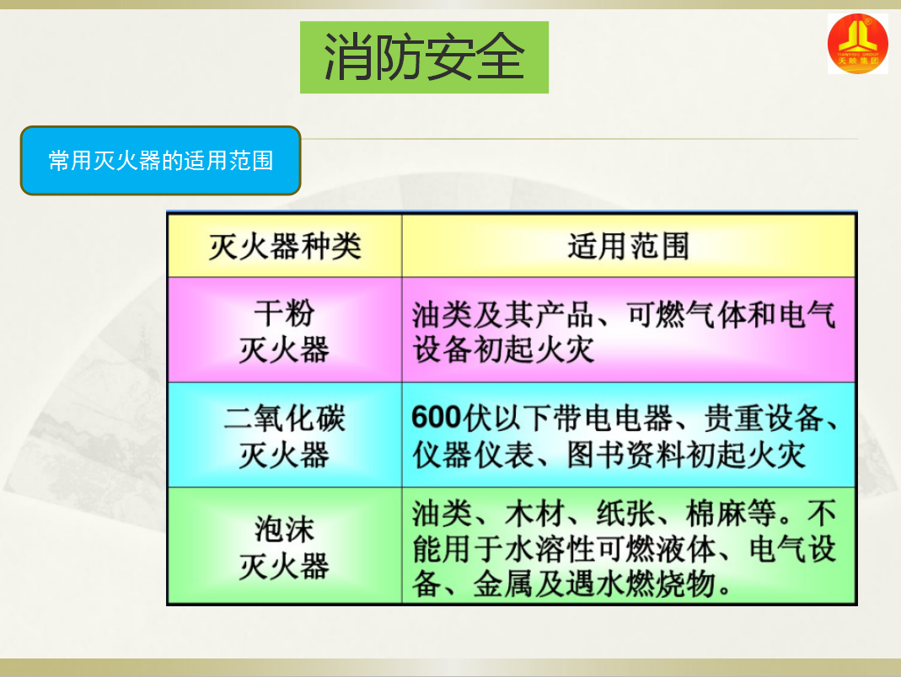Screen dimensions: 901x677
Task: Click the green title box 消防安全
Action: coord(424,57)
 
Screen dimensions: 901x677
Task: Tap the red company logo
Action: coord(857,44)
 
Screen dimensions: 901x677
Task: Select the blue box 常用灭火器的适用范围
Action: coord(160,161)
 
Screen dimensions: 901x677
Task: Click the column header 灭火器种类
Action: coord(285,247)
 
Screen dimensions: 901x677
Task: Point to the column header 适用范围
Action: coord(629,247)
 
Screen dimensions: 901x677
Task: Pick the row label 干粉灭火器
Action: coord(284,331)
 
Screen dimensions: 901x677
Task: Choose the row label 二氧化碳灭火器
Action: coord(284,436)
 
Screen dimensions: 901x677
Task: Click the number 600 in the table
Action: coord(437,418)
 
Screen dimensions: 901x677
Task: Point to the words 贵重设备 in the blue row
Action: coord(764,418)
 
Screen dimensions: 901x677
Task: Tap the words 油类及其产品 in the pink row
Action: coord(503,315)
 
